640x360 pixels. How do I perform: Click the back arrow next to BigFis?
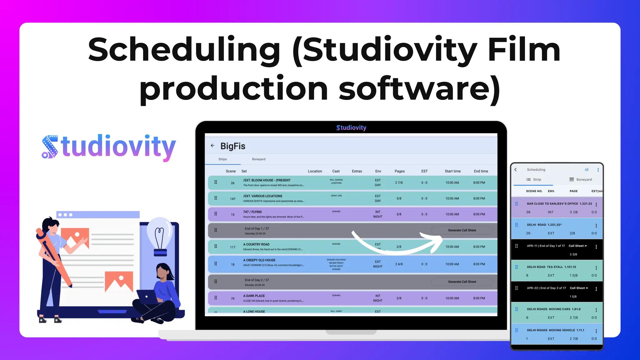coord(212,146)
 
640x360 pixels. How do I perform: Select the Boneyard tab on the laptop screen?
coord(258,159)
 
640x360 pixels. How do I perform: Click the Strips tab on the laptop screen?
coord(222,159)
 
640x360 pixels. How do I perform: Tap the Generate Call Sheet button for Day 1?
coord(462,230)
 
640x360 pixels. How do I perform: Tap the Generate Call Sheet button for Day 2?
coord(462,282)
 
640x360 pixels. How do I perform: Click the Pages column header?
coord(399,171)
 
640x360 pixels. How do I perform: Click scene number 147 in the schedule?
coord(232,199)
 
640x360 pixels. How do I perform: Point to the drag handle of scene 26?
coord(216,182)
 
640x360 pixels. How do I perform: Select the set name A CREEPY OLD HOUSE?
coord(259,260)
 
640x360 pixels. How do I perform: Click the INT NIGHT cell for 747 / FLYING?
coord(377,214)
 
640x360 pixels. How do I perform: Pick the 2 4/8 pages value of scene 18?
coord(399,264)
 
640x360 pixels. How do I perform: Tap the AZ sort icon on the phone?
coord(587,170)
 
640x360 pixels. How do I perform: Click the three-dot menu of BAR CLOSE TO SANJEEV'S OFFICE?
coord(596,205)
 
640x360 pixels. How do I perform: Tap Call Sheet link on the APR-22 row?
coord(579,288)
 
